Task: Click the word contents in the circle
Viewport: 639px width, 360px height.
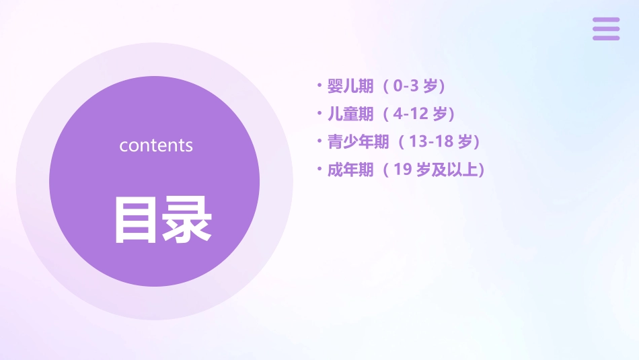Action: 156,145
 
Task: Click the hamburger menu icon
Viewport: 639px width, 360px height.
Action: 606,29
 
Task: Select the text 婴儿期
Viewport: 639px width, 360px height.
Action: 350,86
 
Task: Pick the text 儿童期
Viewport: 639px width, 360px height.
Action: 350,114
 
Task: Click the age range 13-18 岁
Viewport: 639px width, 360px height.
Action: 440,142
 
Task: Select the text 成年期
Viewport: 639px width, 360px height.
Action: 350,170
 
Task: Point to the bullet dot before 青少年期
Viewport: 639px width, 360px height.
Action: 319,141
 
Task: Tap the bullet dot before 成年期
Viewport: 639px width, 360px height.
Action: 319,169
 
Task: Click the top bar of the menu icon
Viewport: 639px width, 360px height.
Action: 606,20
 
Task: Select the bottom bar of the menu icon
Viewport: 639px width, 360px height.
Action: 606,38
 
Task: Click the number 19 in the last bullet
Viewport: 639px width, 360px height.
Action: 402,170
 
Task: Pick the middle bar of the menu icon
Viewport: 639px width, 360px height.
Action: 606,29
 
